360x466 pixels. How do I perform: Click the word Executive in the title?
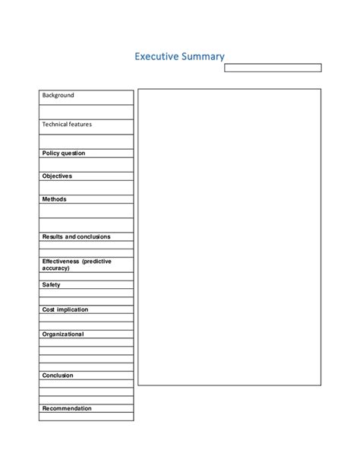(x=156, y=57)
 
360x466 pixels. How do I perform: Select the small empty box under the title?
(x=272, y=68)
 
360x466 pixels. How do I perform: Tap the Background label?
(x=58, y=96)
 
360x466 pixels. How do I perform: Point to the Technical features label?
(x=67, y=124)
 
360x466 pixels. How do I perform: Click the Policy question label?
(x=64, y=153)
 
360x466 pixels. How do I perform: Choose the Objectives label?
(x=57, y=176)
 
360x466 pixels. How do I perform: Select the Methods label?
(x=54, y=199)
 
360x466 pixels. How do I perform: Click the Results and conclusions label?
(x=76, y=236)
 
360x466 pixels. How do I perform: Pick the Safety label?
(x=51, y=285)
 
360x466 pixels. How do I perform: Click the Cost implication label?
(x=65, y=309)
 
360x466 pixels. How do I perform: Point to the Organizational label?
(x=63, y=334)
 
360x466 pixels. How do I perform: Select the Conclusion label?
(x=58, y=375)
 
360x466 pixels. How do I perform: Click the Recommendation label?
(x=67, y=408)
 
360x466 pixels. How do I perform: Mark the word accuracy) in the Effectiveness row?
(x=56, y=268)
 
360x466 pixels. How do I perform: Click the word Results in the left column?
(x=52, y=236)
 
